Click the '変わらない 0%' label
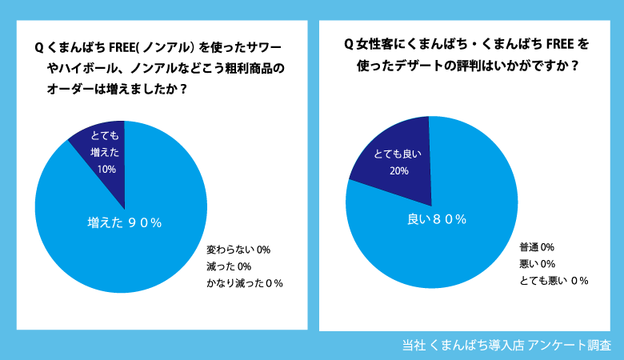[238, 250]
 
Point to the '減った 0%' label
[230, 266]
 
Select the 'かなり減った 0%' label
[245, 283]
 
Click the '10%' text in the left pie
[106, 169]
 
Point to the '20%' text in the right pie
[399, 170]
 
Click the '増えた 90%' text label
[124, 223]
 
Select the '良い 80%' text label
[432, 219]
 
